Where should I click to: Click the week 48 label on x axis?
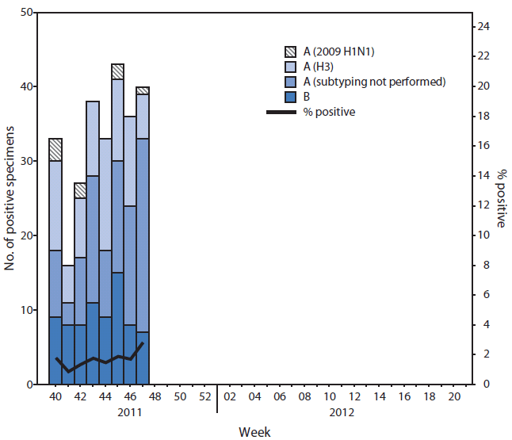point(155,396)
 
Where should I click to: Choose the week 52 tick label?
point(204,396)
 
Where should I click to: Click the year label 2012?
point(342,412)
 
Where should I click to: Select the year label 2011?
point(129,412)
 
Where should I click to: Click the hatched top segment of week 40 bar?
point(55,150)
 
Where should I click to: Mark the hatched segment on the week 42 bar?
point(80,190)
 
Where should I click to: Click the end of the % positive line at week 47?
point(142,343)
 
